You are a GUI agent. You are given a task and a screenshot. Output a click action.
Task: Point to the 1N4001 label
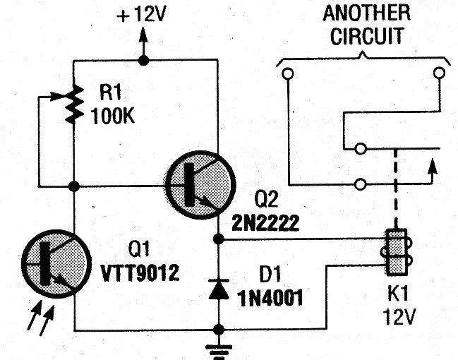tap(270, 299)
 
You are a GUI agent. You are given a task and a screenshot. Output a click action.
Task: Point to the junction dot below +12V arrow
tap(143, 61)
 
